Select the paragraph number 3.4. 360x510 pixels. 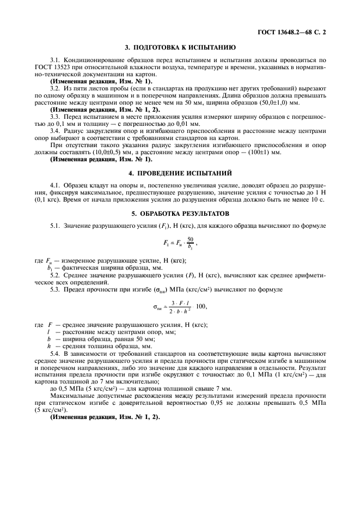pyautogui.click(x=55, y=131)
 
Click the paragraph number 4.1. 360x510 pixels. pyautogui.click(x=55, y=186)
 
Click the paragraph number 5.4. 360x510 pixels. pyautogui.click(x=55, y=353)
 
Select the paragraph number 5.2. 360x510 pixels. pyautogui.click(x=55, y=275)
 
